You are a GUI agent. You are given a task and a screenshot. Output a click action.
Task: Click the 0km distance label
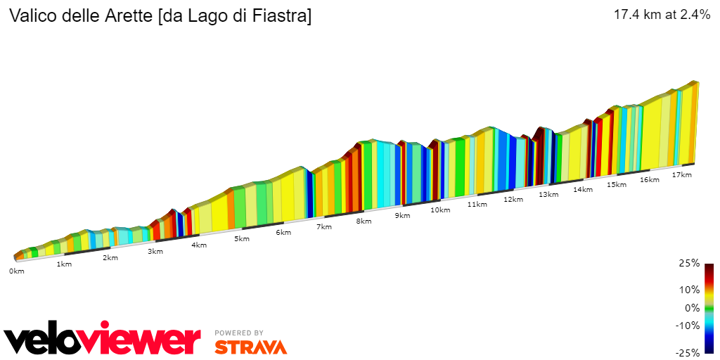point(17,271)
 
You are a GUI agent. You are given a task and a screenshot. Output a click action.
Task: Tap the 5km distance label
point(242,238)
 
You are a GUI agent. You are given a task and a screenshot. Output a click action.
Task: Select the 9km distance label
point(402,215)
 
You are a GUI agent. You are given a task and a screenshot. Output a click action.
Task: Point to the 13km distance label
point(548,194)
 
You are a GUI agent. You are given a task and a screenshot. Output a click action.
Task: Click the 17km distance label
point(681,174)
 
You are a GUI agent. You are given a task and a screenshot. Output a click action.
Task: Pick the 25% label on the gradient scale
point(690,263)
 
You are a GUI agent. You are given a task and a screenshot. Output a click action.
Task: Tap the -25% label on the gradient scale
point(688,353)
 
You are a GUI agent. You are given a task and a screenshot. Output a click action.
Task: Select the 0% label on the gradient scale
point(692,308)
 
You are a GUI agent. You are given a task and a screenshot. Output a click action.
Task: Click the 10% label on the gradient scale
point(690,290)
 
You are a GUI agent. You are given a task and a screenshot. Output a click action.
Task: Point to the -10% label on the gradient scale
point(688,326)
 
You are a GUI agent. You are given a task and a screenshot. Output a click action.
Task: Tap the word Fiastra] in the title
point(282,15)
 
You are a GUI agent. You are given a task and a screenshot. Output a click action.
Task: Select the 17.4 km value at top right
point(637,15)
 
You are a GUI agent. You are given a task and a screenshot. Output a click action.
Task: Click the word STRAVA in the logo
point(250,347)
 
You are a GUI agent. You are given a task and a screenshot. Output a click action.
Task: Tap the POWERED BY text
point(239,333)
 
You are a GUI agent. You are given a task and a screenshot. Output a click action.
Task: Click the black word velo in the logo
point(42,341)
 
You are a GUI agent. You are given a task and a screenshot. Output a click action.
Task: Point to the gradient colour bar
point(709,308)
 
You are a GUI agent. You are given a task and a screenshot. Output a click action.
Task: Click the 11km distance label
point(477,205)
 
